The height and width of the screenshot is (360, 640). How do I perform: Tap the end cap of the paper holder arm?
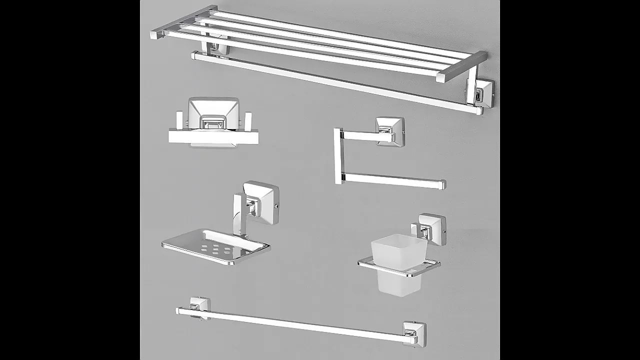click(x=442, y=184)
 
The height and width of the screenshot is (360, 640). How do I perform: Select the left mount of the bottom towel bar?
click(x=199, y=306)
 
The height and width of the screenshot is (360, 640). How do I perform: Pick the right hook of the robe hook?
click(x=248, y=120)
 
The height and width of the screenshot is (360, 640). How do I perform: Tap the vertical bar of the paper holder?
click(x=338, y=156)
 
